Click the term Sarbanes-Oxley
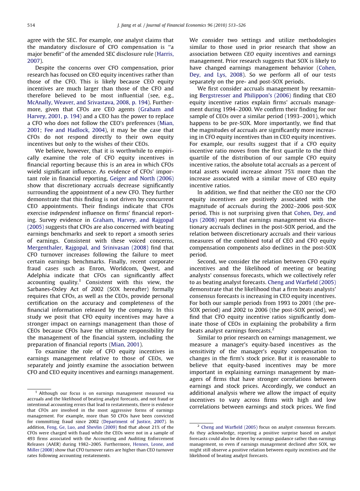click(47, 289)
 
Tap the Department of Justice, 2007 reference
click(139, 421)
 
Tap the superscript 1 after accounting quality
click(80, 281)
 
